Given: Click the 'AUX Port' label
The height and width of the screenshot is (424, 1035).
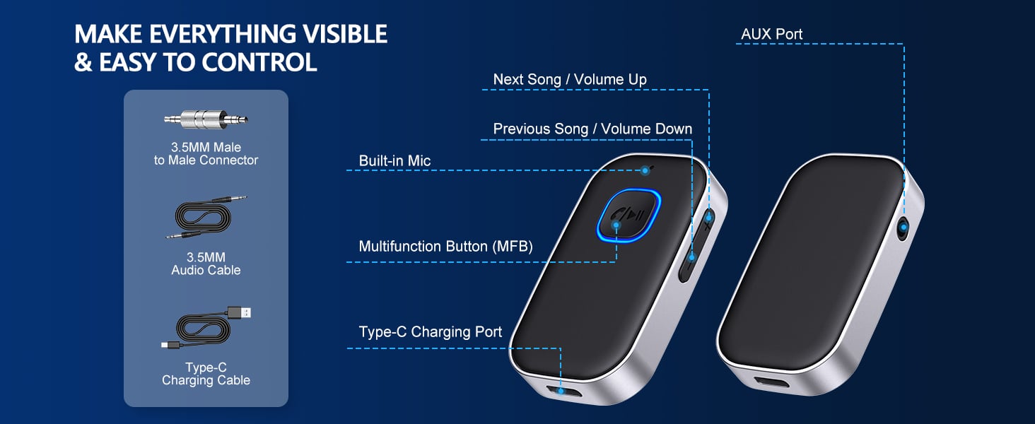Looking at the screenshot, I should click(771, 34).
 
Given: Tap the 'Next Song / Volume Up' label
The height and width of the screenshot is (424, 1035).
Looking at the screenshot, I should click(570, 79).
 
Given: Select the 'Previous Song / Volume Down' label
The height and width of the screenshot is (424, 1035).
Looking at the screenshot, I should click(592, 129).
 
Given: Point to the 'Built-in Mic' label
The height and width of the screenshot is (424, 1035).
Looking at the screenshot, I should click(394, 161).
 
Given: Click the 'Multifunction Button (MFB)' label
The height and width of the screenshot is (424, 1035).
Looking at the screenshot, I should click(445, 246).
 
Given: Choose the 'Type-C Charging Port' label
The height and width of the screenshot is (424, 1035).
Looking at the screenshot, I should click(430, 331).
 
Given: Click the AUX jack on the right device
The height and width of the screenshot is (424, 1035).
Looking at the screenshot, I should click(903, 228).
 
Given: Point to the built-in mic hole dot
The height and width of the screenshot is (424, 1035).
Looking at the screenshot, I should click(645, 170).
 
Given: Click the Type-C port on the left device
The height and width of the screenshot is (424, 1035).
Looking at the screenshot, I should click(561, 389).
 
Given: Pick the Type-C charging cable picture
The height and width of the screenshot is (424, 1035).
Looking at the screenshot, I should click(206, 329).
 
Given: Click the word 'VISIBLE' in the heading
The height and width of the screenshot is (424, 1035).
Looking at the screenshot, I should click(325, 33).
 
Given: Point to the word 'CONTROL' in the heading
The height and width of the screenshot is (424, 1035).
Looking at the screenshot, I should click(259, 62).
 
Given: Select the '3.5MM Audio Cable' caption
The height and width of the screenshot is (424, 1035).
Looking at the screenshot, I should click(206, 264).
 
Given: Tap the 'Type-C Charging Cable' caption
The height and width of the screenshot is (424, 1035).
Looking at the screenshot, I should click(206, 374).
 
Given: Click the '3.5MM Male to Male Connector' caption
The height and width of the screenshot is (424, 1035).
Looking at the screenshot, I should click(206, 153).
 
